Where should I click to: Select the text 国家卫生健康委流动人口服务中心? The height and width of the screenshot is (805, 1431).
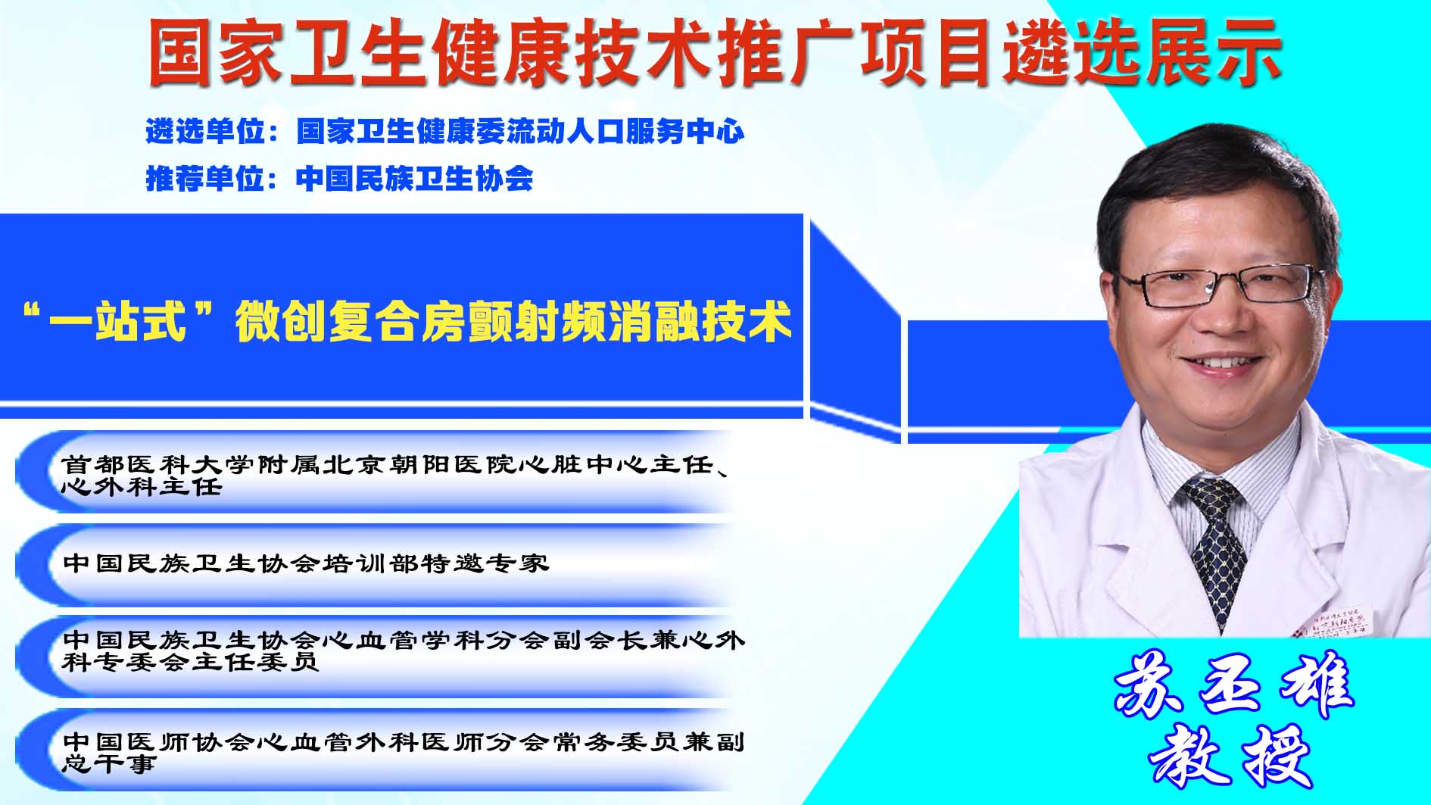[x=520, y=132]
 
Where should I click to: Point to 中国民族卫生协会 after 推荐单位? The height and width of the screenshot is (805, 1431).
[x=415, y=179]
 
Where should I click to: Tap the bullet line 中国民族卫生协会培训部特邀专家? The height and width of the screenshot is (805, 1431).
[x=305, y=563]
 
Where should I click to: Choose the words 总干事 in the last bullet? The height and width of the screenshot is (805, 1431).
[x=108, y=763]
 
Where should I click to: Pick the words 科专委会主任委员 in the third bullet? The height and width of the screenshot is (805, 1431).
[x=190, y=662]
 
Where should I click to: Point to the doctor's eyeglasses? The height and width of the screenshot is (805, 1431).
[x=1219, y=285]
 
